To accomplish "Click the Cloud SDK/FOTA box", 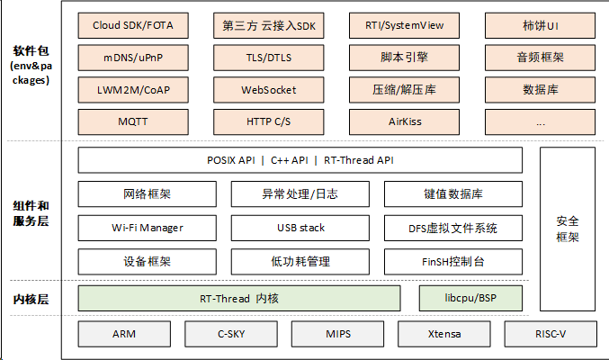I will [132, 25].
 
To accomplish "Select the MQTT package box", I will [132, 121].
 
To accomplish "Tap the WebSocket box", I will [268, 90].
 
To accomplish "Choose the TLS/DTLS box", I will [268, 58].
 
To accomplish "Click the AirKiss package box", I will [404, 121].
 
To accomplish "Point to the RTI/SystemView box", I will [404, 25].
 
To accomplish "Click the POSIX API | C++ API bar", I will [300, 160].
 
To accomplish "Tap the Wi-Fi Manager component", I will [147, 228].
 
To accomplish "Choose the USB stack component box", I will [300, 228].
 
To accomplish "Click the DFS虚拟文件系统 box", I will [452, 228].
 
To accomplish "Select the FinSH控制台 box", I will [452, 262].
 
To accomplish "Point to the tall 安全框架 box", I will [567, 229].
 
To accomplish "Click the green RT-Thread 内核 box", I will [238, 297].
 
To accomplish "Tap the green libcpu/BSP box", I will [470, 297].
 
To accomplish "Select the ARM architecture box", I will [124, 334].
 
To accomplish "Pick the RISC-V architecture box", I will [550, 334].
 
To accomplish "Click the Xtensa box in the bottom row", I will [443, 334].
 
